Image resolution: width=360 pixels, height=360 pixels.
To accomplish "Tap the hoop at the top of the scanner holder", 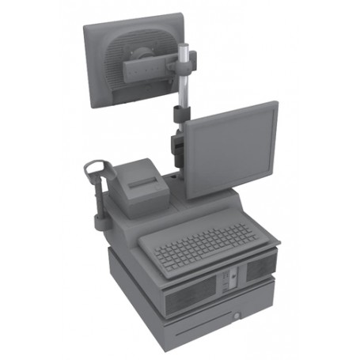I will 93,167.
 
